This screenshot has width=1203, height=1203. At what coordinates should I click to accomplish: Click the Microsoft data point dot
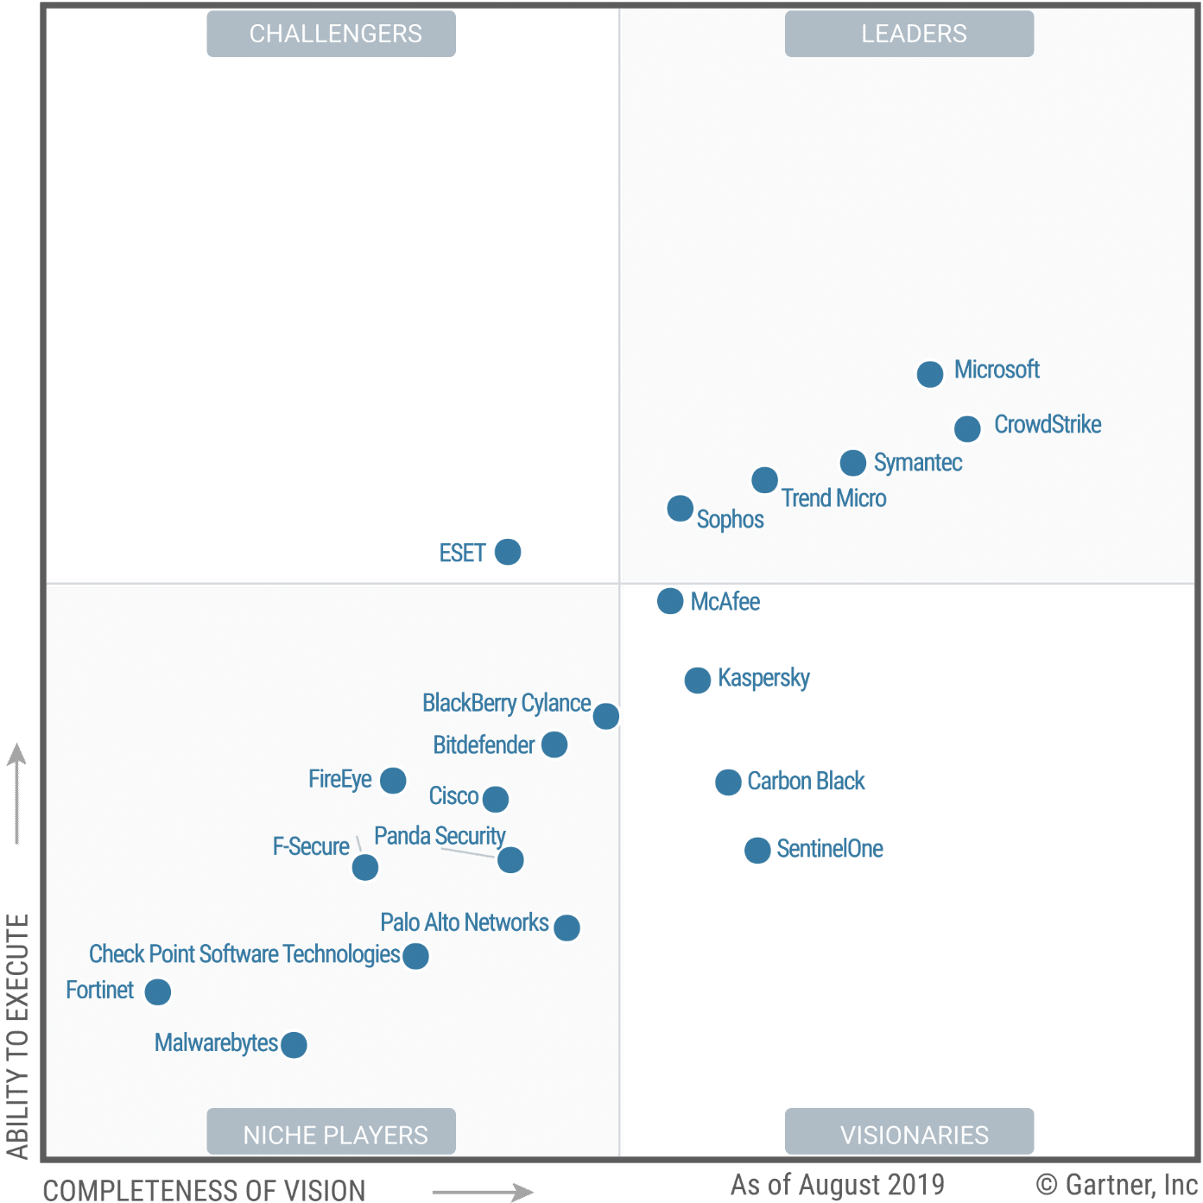coord(929,374)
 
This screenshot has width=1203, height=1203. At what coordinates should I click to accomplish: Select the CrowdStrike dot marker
coord(967,428)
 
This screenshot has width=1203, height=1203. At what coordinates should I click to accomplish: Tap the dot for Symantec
coord(852,463)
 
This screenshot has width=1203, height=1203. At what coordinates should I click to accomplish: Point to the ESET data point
coord(508,552)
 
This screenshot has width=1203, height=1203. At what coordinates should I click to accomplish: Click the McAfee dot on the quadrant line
coord(670,601)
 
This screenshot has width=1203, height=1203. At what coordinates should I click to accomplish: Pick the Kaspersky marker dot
coord(697,681)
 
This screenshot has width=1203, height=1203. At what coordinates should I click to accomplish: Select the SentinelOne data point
coord(757,851)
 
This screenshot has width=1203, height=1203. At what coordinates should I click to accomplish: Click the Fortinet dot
coord(158,992)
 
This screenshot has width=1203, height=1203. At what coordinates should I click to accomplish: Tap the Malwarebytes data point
coord(294,1045)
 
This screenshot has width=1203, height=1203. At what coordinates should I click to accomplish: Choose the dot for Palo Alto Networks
coord(567,928)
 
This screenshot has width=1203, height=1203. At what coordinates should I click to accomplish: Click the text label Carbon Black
coord(806,782)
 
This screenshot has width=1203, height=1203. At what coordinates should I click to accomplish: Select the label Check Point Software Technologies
coord(244,954)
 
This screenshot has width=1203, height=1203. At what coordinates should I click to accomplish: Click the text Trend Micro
coord(833,499)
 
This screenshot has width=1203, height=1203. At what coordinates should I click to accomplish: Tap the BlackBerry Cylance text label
coord(506,703)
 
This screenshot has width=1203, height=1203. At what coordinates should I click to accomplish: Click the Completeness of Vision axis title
coord(204,1190)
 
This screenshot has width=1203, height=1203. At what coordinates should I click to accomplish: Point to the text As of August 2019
coord(837,1184)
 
